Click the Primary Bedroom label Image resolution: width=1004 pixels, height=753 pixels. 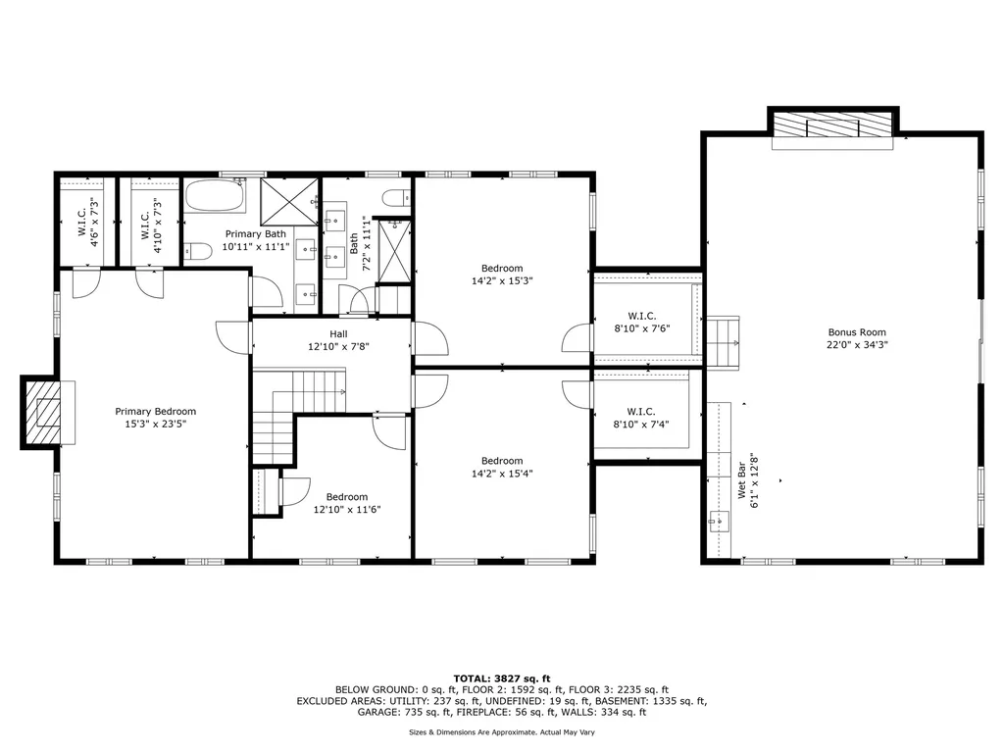point(156,418)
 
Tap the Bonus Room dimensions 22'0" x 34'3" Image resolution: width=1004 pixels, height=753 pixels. point(857,344)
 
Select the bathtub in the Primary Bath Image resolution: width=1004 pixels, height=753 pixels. point(216,196)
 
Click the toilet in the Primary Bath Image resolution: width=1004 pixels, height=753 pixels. point(198,251)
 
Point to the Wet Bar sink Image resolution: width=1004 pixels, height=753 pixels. point(719,522)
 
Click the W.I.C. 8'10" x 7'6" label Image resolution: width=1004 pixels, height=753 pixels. point(641,322)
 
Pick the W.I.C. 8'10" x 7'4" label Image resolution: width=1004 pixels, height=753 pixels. point(641,418)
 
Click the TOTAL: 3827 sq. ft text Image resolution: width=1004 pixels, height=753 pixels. point(502,678)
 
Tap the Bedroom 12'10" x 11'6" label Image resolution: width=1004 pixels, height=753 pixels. point(347,503)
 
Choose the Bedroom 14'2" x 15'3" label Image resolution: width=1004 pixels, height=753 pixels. point(502,275)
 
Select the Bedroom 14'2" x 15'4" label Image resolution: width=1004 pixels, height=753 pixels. point(502,467)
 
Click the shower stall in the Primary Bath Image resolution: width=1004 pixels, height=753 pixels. point(289,202)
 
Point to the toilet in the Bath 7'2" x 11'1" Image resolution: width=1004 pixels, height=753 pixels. point(397,198)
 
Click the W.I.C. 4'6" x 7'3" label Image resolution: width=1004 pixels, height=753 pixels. point(88,222)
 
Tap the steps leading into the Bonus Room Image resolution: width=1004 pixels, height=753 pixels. point(723,342)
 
